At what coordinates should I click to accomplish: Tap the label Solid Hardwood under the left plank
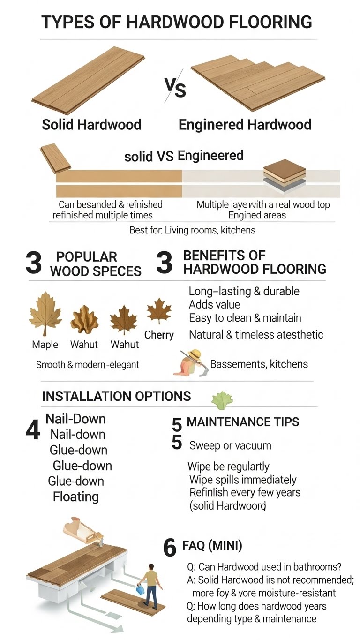pos(92,125)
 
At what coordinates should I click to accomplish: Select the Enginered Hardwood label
pos(245,125)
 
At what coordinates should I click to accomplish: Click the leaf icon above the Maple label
pos(45,313)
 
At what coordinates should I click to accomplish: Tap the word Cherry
pos(159,335)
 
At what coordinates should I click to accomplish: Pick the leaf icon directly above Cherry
pos(159,311)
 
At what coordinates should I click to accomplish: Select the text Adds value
pos(214,305)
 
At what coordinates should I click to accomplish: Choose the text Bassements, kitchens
pos(259,364)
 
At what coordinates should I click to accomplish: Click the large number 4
pos(32,430)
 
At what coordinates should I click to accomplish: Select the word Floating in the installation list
pos(76,497)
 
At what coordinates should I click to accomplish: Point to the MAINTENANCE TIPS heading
pos(243,422)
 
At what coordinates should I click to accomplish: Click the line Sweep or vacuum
pos(230,445)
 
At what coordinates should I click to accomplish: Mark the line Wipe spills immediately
pos(243,480)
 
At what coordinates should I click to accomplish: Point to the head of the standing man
pos(151,567)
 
